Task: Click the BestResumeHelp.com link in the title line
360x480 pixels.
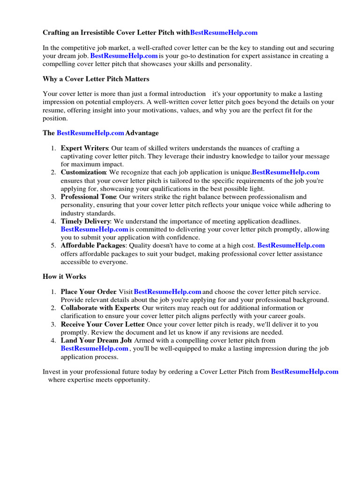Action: (x=224, y=33)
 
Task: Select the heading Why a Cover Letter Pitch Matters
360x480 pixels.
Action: (x=96, y=79)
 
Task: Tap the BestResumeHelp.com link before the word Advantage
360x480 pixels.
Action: (x=90, y=133)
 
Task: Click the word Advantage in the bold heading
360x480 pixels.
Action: (x=142, y=133)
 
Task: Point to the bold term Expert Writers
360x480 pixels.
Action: (x=84, y=149)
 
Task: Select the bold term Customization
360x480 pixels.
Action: (x=83, y=172)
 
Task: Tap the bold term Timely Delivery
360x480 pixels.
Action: (x=85, y=221)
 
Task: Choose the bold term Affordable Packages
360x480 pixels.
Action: (x=93, y=246)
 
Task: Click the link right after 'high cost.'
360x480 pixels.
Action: (x=291, y=246)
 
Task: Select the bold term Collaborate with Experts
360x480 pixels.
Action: (x=99, y=308)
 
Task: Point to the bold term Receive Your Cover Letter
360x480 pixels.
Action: (x=103, y=324)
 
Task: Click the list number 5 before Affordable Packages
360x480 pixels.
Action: (x=53, y=246)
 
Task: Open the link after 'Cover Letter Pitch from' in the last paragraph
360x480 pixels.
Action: (x=304, y=372)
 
